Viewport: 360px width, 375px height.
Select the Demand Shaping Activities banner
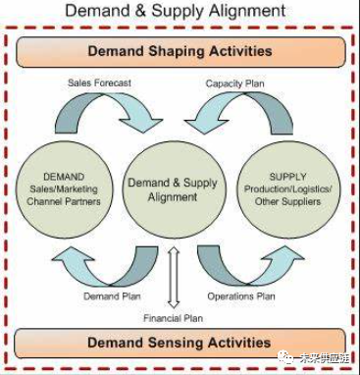tap(180, 51)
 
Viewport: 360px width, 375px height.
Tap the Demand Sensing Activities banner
tap(180, 343)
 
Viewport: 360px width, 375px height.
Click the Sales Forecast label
tap(98, 82)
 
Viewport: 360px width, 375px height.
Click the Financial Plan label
tap(174, 318)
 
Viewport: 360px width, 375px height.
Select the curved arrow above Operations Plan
tap(245, 263)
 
